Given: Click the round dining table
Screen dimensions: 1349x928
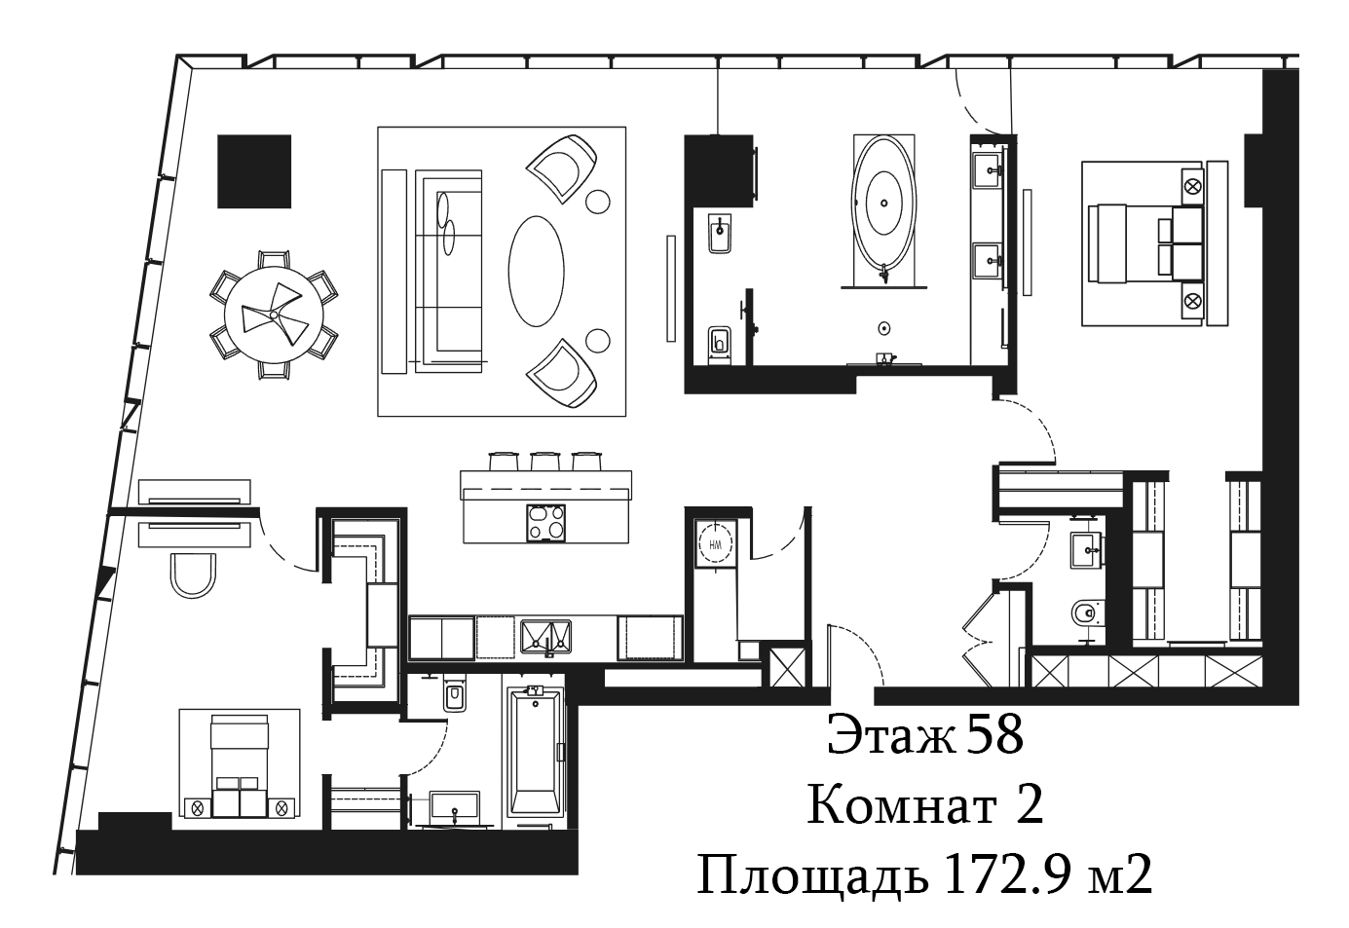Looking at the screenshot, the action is click(274, 315).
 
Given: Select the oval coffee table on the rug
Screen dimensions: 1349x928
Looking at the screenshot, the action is click(536, 271).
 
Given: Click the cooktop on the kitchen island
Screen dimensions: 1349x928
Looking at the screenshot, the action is click(545, 523).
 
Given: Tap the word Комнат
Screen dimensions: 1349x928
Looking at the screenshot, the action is click(902, 805).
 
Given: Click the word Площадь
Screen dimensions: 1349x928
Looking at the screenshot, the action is click(812, 876).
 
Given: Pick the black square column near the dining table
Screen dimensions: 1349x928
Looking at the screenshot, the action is click(254, 171).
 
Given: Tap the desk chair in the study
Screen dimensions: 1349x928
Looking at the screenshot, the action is click(193, 575).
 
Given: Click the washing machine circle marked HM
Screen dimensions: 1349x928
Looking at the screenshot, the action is click(716, 544).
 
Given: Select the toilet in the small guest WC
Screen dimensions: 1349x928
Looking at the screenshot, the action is click(1088, 614).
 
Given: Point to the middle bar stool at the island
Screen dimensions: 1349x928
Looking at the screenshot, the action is click(545, 461).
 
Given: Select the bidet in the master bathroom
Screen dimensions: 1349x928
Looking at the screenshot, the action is click(720, 235).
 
